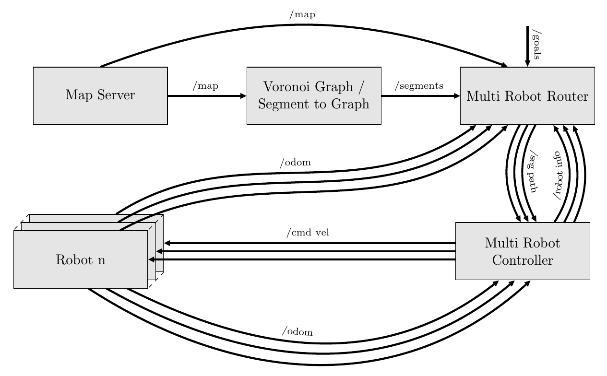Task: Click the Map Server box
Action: (100, 95)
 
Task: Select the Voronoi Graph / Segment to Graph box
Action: (314, 95)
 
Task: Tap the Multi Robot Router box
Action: (527, 96)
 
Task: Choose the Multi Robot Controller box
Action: (523, 251)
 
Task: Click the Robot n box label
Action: (81, 260)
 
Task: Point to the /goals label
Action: (536, 46)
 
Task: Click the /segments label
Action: (419, 86)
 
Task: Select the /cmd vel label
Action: (308, 233)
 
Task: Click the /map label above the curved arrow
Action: (302, 15)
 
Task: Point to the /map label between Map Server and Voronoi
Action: (205, 86)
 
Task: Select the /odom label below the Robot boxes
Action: (298, 331)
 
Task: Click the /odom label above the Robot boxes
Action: (296, 163)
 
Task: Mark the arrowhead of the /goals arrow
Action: (527, 64)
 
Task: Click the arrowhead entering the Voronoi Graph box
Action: (243, 95)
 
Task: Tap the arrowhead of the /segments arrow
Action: (457, 95)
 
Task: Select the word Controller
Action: (523, 260)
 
